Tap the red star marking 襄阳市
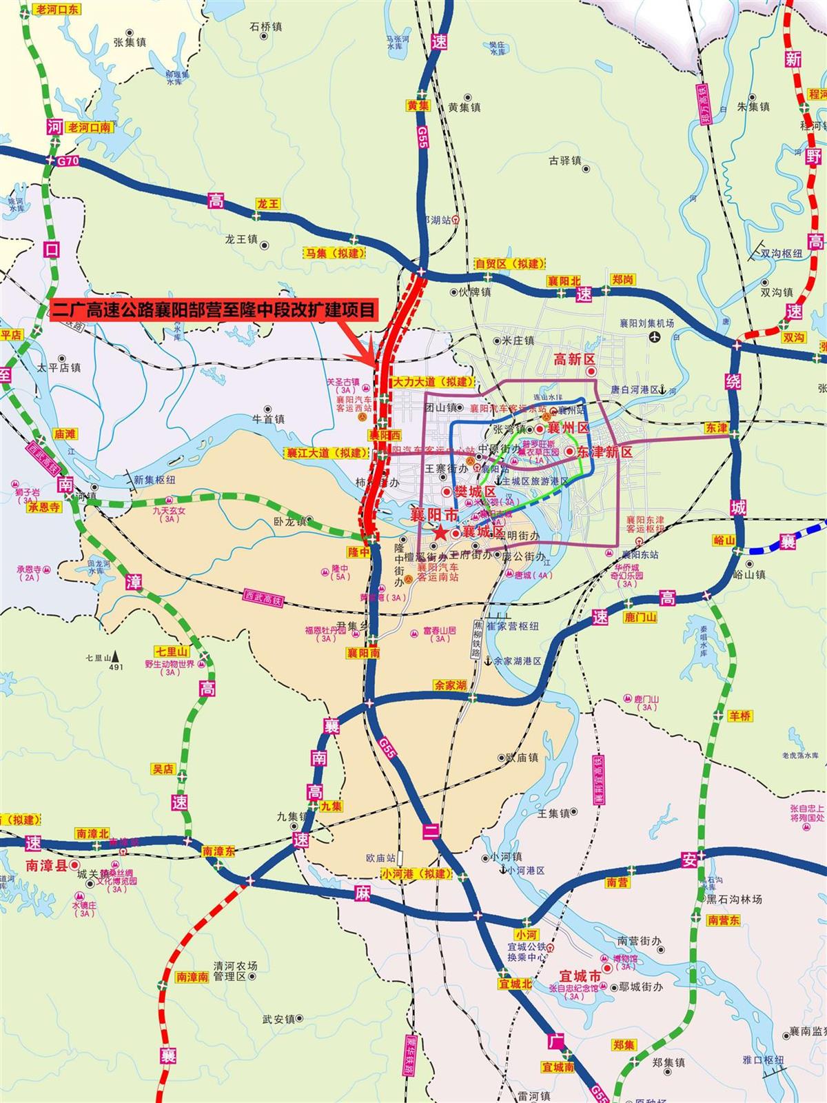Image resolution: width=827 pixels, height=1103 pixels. tap(439, 532)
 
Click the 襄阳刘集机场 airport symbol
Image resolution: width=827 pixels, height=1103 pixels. tap(654, 337)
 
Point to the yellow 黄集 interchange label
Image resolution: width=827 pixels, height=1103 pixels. tap(418, 105)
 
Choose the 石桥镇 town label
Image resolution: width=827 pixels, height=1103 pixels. tap(266, 27)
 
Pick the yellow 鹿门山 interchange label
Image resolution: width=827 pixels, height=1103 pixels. tap(640, 618)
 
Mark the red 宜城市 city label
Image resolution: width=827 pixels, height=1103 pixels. tap(580, 978)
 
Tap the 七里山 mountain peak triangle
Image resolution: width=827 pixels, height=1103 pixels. tap(116, 657)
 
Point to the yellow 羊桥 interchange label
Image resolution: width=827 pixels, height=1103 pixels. tap(738, 716)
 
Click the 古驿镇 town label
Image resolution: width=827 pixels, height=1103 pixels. tap(565, 161)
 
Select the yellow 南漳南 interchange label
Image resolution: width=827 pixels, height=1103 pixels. tap(192, 977)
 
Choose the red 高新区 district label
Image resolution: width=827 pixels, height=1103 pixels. tap(574, 359)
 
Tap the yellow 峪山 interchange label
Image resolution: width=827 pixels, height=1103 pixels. tap(724, 540)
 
